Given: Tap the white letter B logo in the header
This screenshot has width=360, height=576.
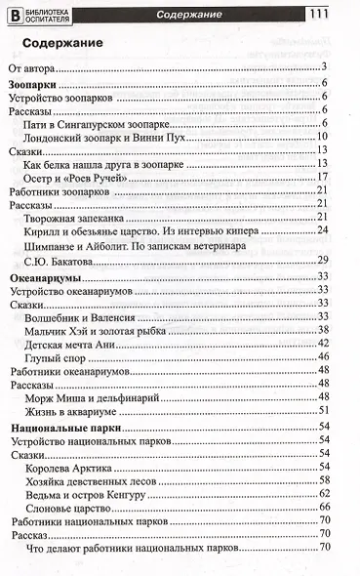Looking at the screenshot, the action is coord(15,15).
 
